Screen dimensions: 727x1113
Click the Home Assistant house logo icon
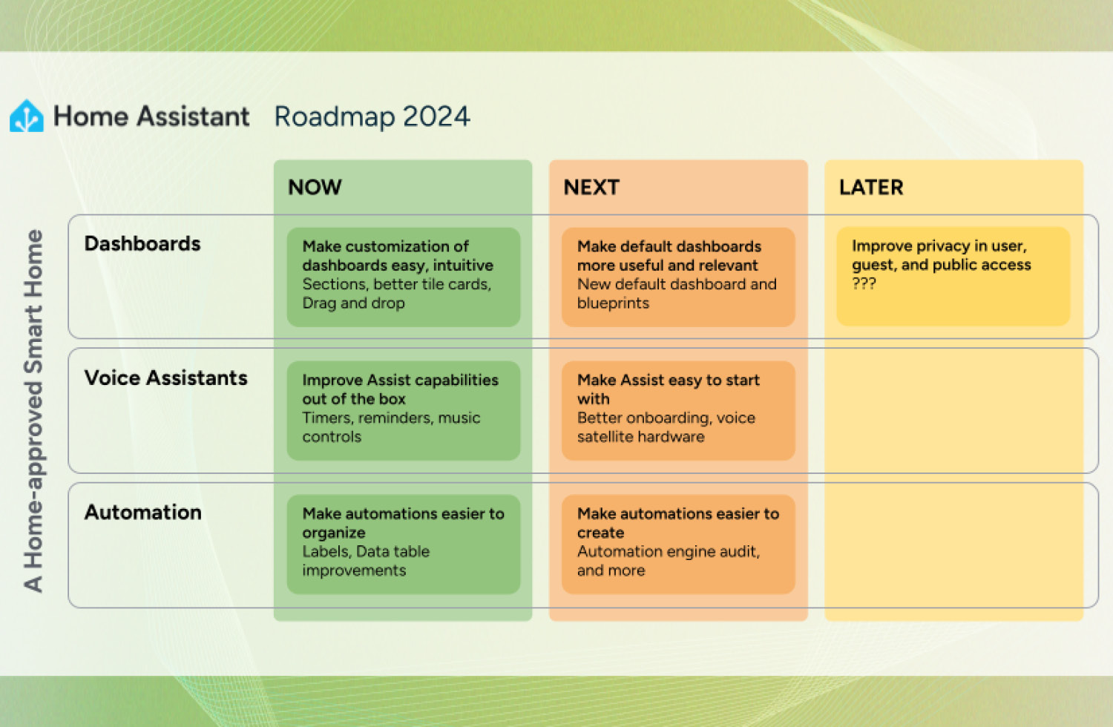[27, 116]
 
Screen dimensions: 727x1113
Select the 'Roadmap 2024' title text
[372, 116]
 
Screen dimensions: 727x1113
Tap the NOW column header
[315, 187]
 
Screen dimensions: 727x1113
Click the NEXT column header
[591, 187]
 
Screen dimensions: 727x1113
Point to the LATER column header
[870, 187]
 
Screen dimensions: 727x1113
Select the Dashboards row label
[142, 243]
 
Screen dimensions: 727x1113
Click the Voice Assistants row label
[165, 378]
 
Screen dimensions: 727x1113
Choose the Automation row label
[142, 512]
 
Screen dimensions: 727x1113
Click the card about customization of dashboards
[403, 276]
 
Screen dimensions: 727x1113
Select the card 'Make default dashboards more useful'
[677, 276]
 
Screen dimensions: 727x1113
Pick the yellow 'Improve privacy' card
[953, 275]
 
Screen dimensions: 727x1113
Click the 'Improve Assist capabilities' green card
[403, 409]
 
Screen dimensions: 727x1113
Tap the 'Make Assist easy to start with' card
[677, 409]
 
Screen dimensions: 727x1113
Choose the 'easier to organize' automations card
[403, 543]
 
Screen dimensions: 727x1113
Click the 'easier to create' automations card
[677, 543]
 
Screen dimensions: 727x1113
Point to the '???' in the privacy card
[864, 283]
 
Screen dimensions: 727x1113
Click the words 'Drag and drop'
[353, 303]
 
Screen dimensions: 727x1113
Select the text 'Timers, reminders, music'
[391, 418]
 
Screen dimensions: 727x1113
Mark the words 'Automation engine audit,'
[668, 551]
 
